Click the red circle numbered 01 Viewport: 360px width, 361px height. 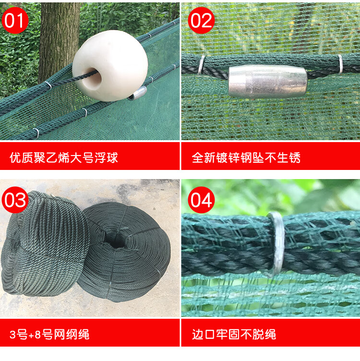click(x=15, y=21)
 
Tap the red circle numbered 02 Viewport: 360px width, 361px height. click(x=201, y=21)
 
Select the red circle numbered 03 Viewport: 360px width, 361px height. click(x=15, y=200)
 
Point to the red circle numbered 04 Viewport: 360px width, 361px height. click(x=201, y=200)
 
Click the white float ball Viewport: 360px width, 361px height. click(x=110, y=66)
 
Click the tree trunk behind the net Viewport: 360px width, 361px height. click(x=59, y=39)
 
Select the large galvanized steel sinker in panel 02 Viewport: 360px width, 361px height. click(x=268, y=81)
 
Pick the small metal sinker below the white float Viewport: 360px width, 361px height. click(x=137, y=94)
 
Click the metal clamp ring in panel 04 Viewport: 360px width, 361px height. click(x=277, y=243)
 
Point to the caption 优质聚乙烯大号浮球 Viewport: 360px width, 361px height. click(x=64, y=158)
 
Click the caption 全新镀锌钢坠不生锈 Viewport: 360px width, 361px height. click(x=246, y=158)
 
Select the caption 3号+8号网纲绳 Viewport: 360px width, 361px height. click(x=49, y=335)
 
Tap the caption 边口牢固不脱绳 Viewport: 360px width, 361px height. click(x=234, y=335)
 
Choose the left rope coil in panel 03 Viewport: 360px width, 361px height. click(x=44, y=244)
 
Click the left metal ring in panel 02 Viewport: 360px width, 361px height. click(x=202, y=65)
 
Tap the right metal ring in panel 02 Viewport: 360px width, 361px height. click(x=340, y=64)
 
